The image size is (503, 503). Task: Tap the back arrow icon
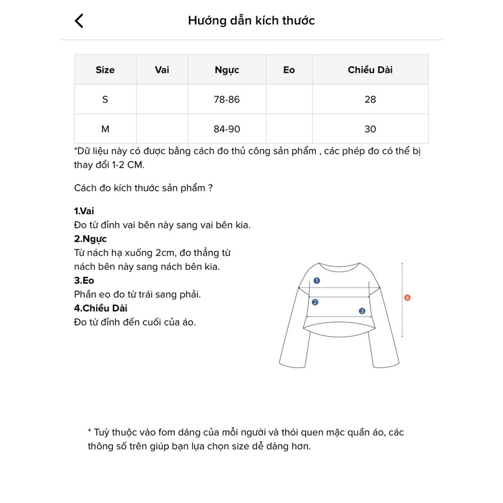pos(79,21)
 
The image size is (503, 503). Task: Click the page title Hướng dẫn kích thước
pos(251,21)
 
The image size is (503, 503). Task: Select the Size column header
pos(105,70)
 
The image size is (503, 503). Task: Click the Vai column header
pos(162,70)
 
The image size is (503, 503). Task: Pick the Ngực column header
pos(227,70)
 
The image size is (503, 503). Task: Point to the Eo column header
pos(289,70)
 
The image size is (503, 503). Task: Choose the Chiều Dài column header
pos(370,70)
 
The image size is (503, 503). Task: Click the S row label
pos(105,100)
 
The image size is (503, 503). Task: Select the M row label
pos(105,129)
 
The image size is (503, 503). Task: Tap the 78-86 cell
pos(227,100)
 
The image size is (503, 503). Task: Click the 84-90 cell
pos(227,129)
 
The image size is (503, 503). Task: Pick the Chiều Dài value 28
pos(371,100)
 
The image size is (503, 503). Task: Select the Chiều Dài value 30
pos(371,129)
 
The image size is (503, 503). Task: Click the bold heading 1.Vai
pos(84,211)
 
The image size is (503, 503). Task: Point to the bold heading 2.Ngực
pos(90,239)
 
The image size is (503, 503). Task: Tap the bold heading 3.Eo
pos(84,281)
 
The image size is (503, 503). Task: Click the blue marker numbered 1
pos(317,281)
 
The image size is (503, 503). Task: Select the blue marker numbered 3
pos(362,310)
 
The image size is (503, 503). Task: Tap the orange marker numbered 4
pos(408,298)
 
